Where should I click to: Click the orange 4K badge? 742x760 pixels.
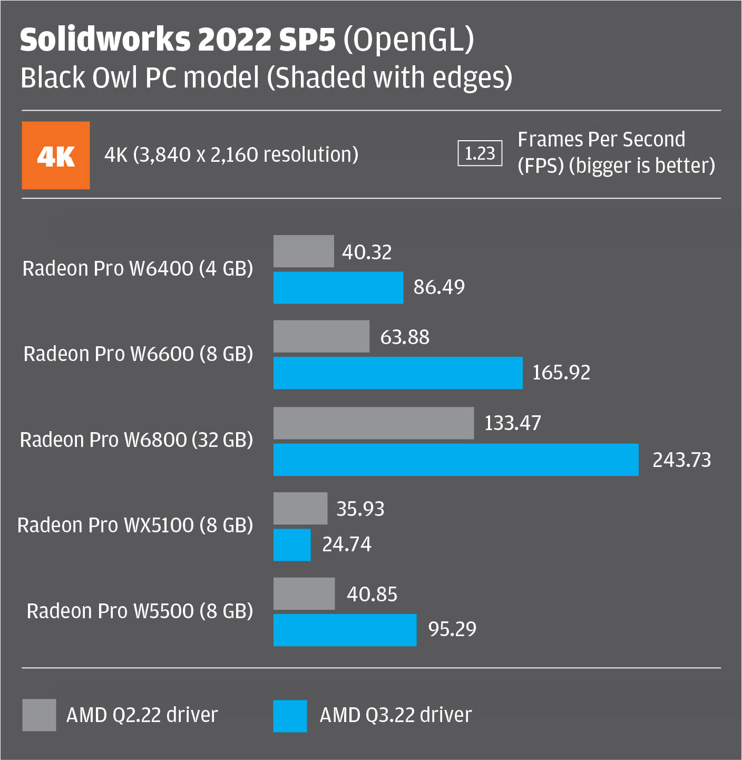point(55,155)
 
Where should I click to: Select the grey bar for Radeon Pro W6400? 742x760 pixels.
point(304,251)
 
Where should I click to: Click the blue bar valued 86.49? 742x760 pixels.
point(338,288)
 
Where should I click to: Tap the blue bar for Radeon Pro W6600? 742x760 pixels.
point(398,373)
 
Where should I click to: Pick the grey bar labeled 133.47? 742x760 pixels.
point(374,423)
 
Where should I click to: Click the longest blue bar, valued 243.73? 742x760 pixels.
point(456,460)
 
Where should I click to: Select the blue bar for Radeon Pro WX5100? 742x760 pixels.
point(292,545)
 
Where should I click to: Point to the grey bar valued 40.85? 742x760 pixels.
point(304,594)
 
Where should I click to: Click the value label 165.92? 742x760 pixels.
point(561,373)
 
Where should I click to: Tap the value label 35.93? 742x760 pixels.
point(360,509)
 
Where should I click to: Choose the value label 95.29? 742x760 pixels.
point(452,629)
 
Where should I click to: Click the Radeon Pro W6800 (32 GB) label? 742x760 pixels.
point(136,440)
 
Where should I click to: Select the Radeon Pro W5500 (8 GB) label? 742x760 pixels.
point(140,611)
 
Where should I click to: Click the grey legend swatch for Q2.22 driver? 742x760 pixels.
point(39,715)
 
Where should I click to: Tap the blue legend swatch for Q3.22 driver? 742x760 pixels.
point(290,716)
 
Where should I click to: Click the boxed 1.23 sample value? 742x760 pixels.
point(480,153)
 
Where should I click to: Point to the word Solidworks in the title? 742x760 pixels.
point(105,40)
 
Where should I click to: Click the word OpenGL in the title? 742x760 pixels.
point(409,40)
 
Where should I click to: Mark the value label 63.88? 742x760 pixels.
point(405,337)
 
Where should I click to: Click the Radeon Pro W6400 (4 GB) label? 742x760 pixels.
point(138,269)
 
